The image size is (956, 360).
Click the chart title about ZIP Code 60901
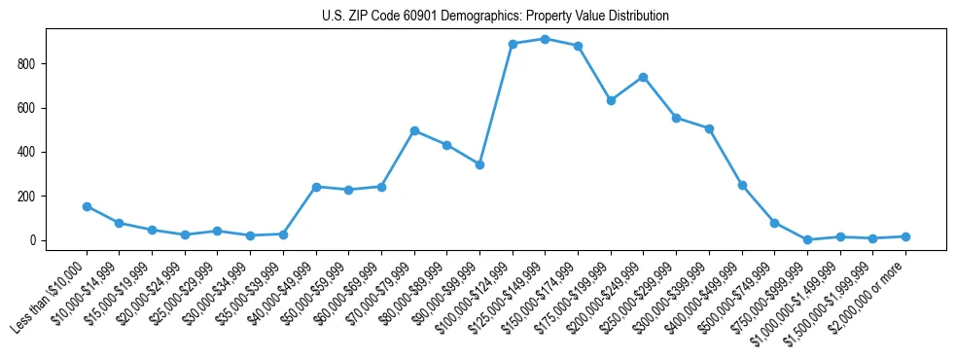[x=495, y=17]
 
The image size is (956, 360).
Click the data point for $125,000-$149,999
[x=546, y=39]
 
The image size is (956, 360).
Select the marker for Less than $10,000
[x=87, y=206]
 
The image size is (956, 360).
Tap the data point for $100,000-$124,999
[x=513, y=44]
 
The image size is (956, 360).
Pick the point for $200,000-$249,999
[x=644, y=77]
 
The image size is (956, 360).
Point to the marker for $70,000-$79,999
[x=414, y=130]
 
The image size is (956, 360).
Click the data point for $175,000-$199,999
[x=611, y=100]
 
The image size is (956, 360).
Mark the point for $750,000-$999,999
[x=807, y=239]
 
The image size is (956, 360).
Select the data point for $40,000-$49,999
[x=316, y=187]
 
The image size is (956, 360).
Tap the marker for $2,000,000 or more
[x=905, y=236]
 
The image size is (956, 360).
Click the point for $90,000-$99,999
[x=479, y=164]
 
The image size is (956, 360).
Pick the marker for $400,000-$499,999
[x=742, y=185]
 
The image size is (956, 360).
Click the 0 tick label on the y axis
[x=35, y=240]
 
